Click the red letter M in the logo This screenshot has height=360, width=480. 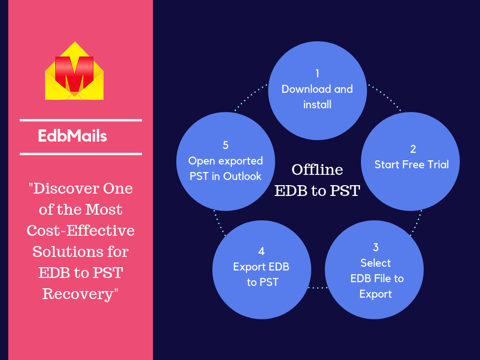coord(74,73)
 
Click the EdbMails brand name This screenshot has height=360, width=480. coord(73,136)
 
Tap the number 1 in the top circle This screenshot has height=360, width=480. coord(317,74)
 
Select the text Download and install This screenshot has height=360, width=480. coord(317,97)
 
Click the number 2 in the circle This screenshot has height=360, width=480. coord(413,149)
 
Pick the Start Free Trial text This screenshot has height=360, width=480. coord(412,165)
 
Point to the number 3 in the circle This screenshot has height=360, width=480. coord(375,247)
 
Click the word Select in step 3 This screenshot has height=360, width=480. coord(375,263)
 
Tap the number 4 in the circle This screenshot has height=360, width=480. coord(261,251)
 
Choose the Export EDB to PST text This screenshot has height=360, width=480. coord(262,275)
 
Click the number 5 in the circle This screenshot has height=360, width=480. coord(225,145)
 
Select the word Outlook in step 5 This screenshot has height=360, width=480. coord(242,177)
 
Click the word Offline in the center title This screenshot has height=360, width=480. coord(317,169)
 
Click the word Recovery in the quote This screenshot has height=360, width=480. coord(78,294)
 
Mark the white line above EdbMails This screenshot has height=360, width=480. coord(81,120)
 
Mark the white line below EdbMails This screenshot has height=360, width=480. coord(81,153)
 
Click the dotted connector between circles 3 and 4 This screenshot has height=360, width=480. coord(318,287)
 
